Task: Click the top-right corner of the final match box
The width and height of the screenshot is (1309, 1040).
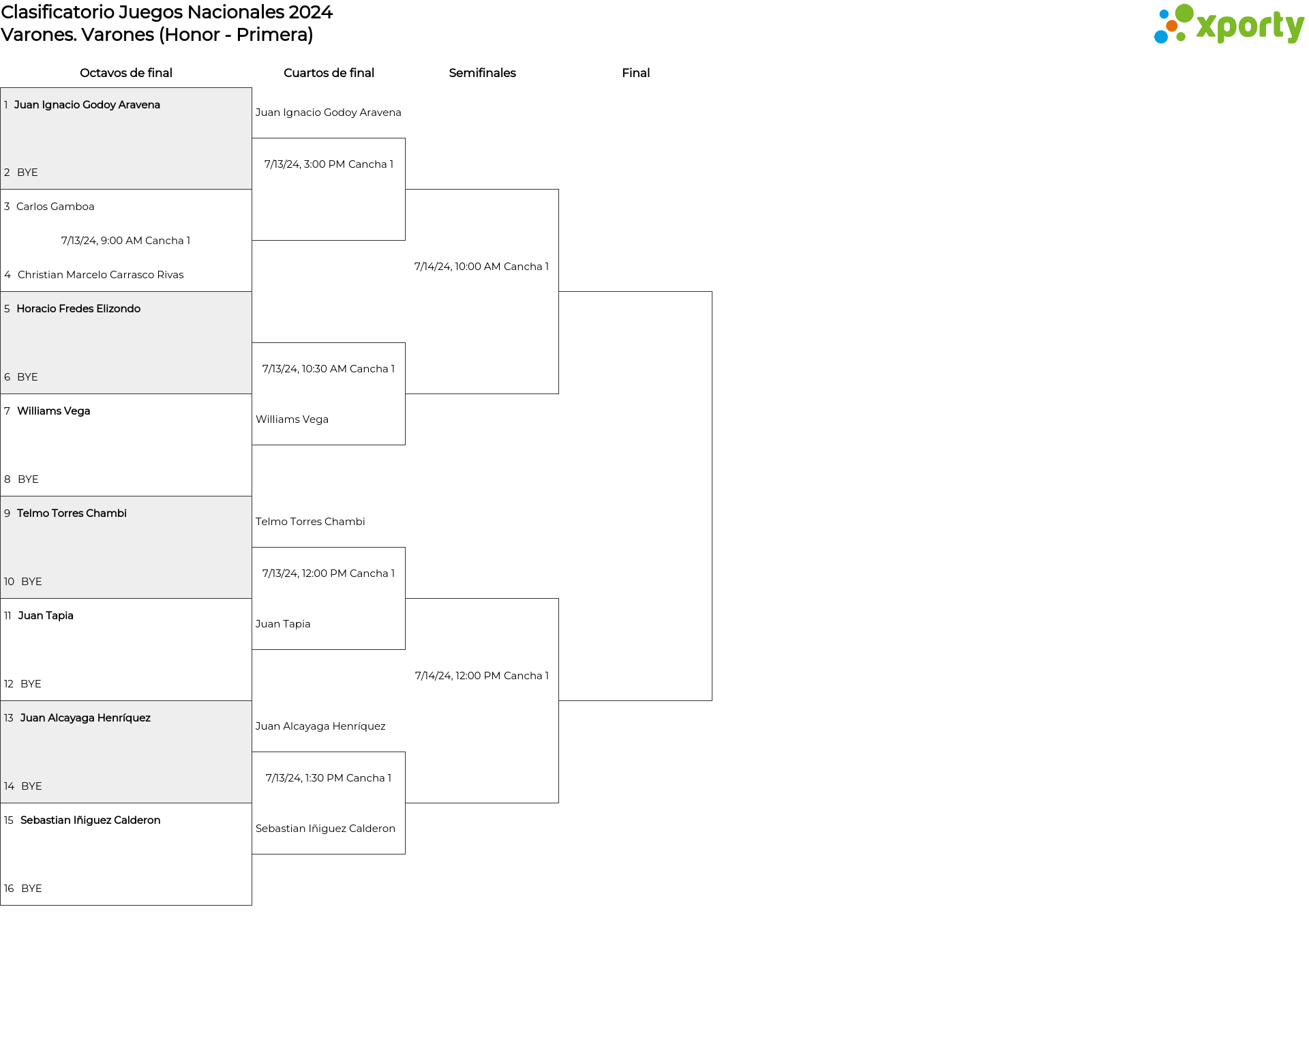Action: click(x=712, y=292)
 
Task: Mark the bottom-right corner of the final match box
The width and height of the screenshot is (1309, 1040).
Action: click(x=712, y=700)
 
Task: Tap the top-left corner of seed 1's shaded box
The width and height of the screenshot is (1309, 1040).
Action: click(x=1, y=88)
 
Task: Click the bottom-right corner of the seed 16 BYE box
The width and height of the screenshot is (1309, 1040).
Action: click(x=252, y=905)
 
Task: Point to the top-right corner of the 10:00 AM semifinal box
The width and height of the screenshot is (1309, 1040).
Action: click(x=558, y=190)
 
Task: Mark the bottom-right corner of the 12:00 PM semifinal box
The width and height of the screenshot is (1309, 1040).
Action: click(x=558, y=803)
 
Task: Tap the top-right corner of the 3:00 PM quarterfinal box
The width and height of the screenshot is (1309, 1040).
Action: click(x=405, y=138)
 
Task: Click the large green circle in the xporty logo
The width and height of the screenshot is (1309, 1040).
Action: click(x=1184, y=14)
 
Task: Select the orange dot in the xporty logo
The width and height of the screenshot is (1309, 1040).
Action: click(x=1171, y=26)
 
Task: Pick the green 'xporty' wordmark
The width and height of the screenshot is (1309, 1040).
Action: click(x=1250, y=27)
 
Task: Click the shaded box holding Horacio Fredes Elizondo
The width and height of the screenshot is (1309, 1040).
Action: click(x=126, y=343)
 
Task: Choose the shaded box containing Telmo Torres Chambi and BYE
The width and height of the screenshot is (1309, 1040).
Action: click(x=126, y=548)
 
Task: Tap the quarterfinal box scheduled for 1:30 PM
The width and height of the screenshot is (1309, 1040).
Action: click(x=329, y=803)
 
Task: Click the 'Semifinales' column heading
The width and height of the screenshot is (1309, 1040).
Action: click(x=482, y=73)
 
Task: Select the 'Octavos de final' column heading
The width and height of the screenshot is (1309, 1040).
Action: click(x=126, y=73)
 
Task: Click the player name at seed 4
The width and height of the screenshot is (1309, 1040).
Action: click(x=101, y=275)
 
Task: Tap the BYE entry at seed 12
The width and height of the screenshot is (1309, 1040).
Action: click(x=31, y=684)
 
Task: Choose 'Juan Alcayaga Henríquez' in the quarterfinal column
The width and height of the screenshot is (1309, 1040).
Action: click(x=320, y=726)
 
